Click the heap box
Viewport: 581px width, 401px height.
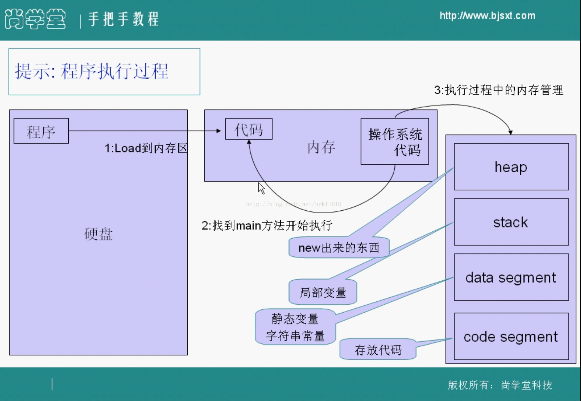[511, 167]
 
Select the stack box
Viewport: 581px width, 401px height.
[511, 222]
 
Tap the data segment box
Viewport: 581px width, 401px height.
[511, 277]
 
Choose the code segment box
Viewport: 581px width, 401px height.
[511, 337]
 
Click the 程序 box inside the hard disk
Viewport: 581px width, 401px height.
[41, 131]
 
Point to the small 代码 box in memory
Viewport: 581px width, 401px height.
[249, 129]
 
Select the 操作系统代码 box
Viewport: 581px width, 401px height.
[395, 142]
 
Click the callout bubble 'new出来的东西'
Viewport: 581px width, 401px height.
[339, 248]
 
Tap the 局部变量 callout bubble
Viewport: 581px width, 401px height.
[323, 292]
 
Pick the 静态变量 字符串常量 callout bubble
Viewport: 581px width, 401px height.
[295, 327]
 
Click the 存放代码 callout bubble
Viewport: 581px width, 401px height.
[378, 350]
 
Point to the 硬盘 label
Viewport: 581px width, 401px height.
[98, 234]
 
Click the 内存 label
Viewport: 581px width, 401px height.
[321, 147]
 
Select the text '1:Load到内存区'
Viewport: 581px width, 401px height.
[146, 148]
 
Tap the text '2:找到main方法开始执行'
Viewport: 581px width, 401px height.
[267, 225]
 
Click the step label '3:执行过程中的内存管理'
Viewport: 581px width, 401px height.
[499, 90]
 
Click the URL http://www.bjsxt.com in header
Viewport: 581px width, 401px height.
[487, 16]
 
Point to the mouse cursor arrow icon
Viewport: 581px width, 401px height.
[261, 188]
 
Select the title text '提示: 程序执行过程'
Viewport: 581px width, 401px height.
[92, 71]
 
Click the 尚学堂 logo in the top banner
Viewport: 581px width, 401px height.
[35, 19]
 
